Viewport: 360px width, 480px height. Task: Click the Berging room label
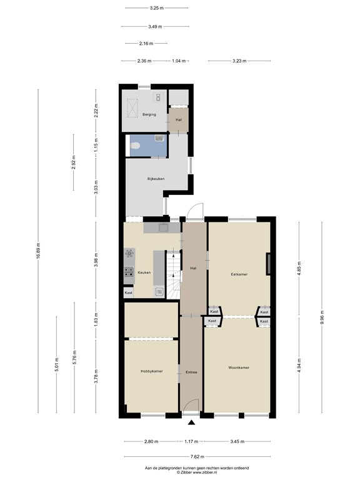[x=149, y=115]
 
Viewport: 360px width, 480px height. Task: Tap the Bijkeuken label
[x=156, y=179]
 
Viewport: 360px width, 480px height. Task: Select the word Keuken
[x=144, y=272]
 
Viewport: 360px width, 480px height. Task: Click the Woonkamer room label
[x=239, y=367]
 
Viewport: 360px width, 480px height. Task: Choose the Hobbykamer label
[x=151, y=371]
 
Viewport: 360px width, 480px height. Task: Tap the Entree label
[x=191, y=372]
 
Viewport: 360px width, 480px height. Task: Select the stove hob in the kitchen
[x=129, y=272]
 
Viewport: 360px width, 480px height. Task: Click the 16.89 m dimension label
[x=38, y=251]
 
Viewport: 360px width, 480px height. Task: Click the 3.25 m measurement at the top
[x=156, y=8]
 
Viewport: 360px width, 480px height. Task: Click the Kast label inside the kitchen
[x=129, y=292]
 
